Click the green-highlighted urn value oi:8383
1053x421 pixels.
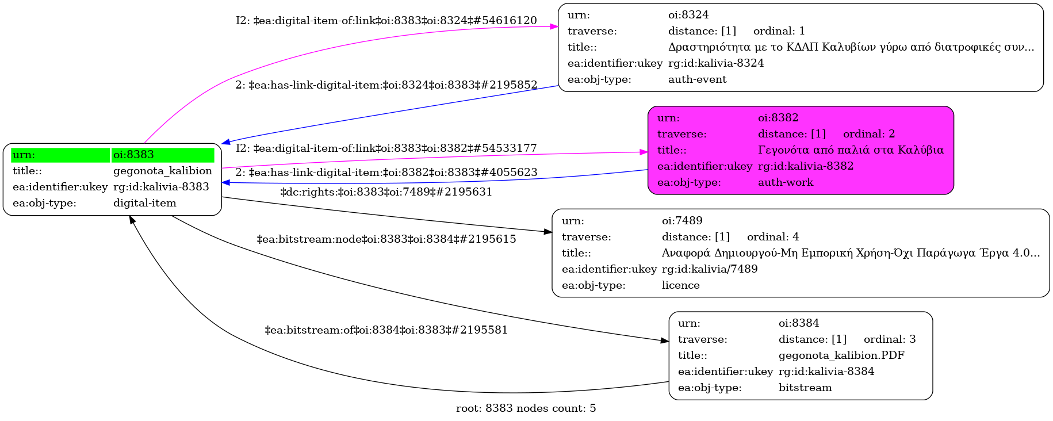pos(133,155)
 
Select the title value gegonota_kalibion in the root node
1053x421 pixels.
pos(162,171)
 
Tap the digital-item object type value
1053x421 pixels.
pos(145,203)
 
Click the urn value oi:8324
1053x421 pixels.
pos(688,15)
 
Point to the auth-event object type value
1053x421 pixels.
pos(697,79)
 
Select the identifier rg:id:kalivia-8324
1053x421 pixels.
pos(716,63)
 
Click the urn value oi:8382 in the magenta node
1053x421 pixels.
pos(778,118)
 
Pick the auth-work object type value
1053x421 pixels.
pos(786,182)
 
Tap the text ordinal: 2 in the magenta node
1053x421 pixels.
pos(869,134)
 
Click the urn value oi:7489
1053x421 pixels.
pos(682,221)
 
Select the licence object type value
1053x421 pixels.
pos(681,285)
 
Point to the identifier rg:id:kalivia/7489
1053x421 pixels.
pos(710,269)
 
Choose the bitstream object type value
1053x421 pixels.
pos(805,388)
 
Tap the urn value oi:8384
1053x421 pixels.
pos(799,323)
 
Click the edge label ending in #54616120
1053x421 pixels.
pos(386,21)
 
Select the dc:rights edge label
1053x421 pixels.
pos(386,192)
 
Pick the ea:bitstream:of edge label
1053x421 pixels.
pos(386,330)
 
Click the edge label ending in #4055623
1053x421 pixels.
pos(386,173)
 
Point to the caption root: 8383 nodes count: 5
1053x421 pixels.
pos(526,408)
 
